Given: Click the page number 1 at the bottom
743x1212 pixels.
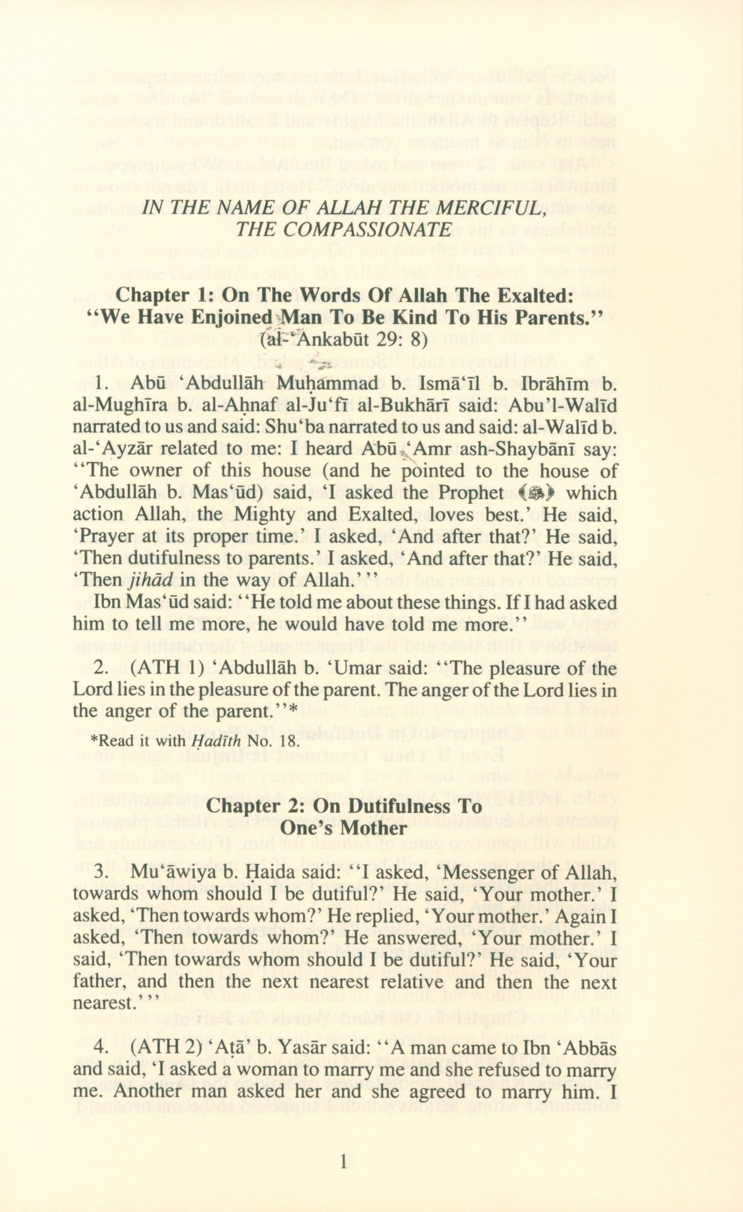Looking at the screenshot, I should pyautogui.click(x=344, y=1162).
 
